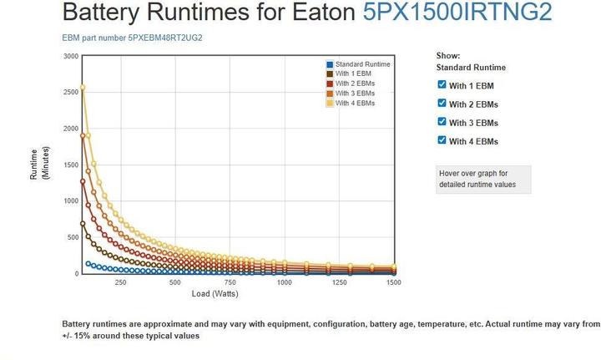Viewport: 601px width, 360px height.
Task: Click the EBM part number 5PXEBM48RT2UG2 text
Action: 132,38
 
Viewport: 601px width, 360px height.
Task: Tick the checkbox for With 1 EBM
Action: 442,84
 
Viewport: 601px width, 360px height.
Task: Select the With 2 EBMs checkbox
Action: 442,103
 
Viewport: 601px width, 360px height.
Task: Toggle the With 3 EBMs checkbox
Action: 442,122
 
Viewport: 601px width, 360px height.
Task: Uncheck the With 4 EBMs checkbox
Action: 442,140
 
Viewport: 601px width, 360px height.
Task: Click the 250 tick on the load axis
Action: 120,282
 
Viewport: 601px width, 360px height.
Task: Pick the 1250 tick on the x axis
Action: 339,282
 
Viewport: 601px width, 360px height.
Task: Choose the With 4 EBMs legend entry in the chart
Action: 355,104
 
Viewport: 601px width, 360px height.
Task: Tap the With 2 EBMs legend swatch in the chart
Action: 331,84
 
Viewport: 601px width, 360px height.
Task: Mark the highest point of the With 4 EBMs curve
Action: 83,88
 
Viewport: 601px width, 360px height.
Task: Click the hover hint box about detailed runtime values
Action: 483,179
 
